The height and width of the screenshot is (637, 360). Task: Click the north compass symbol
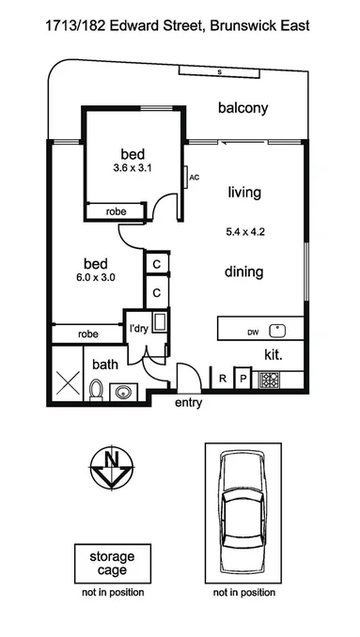point(112,468)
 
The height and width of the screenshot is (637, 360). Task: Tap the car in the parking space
point(243,513)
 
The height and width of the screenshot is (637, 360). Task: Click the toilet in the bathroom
point(96,390)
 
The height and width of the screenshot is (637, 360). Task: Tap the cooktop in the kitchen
point(269,381)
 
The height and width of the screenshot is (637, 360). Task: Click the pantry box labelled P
point(243,380)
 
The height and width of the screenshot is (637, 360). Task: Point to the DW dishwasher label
point(253,333)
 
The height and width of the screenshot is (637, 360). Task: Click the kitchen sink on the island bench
point(277,331)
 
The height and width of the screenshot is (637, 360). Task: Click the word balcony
point(243,108)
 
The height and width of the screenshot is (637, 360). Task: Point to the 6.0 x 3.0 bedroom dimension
point(94,278)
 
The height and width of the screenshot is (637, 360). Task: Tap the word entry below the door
point(188,403)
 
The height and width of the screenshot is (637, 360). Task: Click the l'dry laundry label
point(139,329)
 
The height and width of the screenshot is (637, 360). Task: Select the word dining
point(243,272)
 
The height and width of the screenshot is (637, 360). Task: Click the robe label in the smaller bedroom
point(117,212)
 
